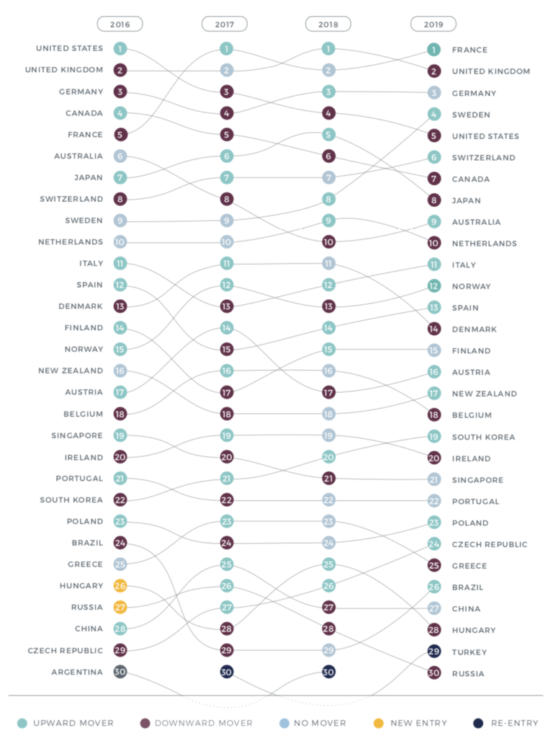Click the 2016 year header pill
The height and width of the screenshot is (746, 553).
coord(120,24)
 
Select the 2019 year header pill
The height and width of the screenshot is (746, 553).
coord(433,24)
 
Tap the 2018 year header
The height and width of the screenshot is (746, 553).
coord(328,24)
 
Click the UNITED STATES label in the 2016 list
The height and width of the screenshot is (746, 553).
coord(70,48)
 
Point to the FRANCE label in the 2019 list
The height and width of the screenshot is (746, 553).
coord(469,50)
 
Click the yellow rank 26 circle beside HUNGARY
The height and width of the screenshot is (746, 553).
coord(120,586)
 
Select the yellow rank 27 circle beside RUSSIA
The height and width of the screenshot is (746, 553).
coord(120,607)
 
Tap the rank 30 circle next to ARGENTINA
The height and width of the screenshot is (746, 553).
coord(120,672)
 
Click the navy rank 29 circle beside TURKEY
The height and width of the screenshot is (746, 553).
coord(433,652)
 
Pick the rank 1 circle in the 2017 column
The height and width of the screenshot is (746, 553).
coord(227,49)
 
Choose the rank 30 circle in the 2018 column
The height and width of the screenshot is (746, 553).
coord(328,672)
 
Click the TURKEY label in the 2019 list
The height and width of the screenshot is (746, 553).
coord(469,652)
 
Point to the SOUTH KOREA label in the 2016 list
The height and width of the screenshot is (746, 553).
coord(71,499)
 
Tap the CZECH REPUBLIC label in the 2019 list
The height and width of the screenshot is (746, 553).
coord(490,544)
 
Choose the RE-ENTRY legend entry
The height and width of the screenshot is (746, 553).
coord(496,723)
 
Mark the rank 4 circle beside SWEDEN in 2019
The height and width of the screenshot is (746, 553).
coord(433,114)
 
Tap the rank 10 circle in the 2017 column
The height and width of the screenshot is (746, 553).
coord(227,242)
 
